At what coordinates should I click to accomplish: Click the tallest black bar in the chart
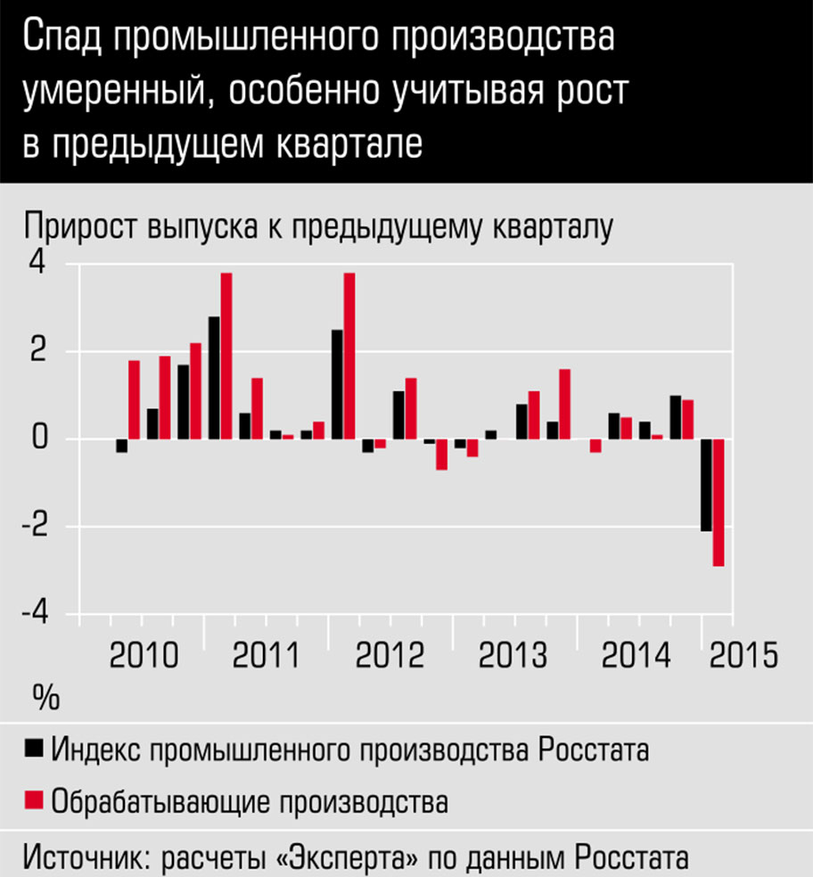tap(214, 378)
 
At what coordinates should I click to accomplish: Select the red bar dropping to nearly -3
tap(718, 503)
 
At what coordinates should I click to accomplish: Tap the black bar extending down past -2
tap(706, 485)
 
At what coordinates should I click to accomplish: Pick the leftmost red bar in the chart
tap(134, 399)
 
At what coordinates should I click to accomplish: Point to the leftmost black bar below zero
tap(121, 446)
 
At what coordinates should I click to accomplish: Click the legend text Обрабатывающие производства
tap(250, 800)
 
